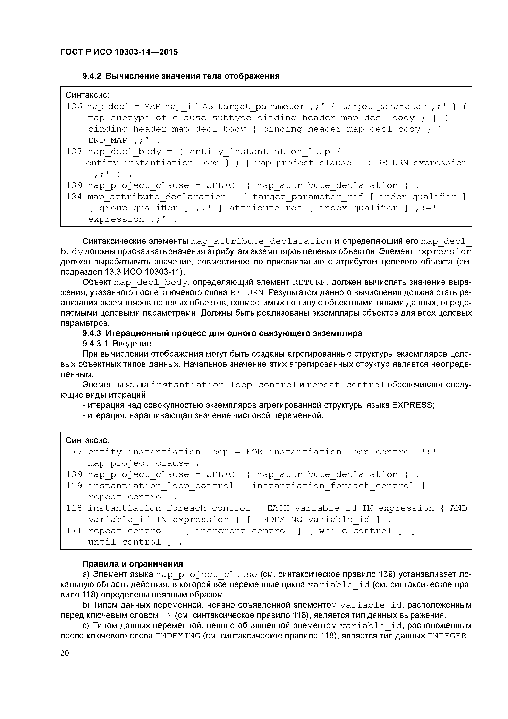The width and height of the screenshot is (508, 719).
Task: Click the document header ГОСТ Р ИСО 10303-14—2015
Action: pos(119,52)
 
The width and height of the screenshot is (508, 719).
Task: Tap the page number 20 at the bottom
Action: pos(65,653)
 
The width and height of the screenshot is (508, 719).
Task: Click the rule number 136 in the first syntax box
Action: pos(74,107)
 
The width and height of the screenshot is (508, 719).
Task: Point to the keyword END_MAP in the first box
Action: pos(108,140)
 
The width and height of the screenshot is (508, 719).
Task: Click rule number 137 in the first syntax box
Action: pos(74,152)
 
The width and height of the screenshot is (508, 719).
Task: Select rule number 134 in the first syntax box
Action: pos(74,197)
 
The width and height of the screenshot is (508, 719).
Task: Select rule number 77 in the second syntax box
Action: pos(77,452)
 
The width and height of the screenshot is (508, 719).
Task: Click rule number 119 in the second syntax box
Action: pos(74,486)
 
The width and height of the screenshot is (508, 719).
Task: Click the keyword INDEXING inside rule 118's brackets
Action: pos(280,520)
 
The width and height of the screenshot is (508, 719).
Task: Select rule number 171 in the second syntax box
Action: pos(74,531)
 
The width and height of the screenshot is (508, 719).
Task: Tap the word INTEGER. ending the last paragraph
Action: pos(448,636)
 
